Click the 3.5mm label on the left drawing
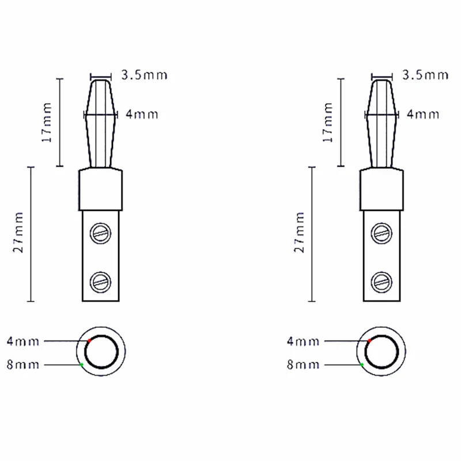[x=144, y=75]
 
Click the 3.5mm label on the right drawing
[x=425, y=75]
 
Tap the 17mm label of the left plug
[x=47, y=122]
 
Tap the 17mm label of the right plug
[x=328, y=122]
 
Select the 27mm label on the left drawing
[x=18, y=233]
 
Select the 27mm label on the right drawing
[x=300, y=233]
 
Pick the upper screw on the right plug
[x=381, y=232]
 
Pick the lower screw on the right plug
[x=381, y=281]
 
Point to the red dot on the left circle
[x=89, y=341]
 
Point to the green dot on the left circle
[x=82, y=365]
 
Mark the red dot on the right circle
[x=370, y=341]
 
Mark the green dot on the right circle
[x=362, y=365]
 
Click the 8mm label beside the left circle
[x=23, y=365]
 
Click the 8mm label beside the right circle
[x=303, y=365]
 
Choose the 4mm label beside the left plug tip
[x=141, y=115]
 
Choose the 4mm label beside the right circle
[x=303, y=341]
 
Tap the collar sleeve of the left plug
[x=101, y=189]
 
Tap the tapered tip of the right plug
[x=381, y=121]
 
